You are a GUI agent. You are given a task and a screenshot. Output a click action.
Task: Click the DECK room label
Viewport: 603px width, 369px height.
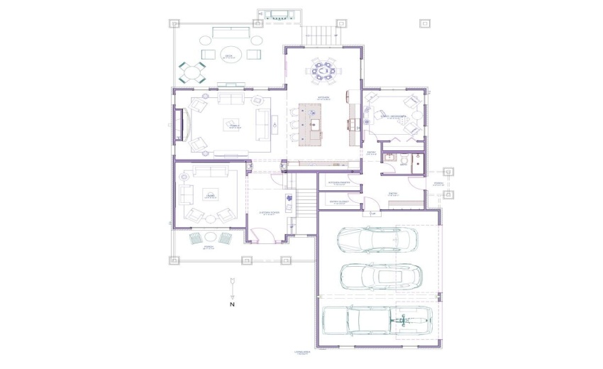coord(229,56)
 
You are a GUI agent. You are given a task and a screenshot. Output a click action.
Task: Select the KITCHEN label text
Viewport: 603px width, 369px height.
coord(323,97)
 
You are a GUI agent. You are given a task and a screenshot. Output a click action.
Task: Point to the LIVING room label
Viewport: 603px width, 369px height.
coord(209,195)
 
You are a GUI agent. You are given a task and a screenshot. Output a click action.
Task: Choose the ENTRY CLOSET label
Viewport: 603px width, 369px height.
coord(338,202)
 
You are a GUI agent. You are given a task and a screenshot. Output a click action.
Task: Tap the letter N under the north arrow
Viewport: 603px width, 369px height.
coord(232,304)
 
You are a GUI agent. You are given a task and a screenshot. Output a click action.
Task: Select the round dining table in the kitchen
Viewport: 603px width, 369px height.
coord(323,71)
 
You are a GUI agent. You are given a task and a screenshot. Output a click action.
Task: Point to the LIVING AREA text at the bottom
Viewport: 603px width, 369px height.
coord(303,352)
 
